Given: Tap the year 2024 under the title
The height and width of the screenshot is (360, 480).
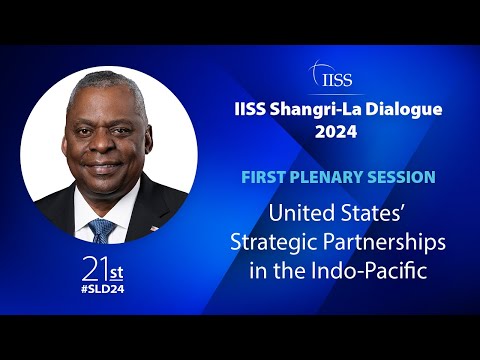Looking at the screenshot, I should [337, 132].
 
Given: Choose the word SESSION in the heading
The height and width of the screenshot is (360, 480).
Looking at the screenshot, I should [401, 177].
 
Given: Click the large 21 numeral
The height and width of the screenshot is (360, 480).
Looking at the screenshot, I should [94, 269].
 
